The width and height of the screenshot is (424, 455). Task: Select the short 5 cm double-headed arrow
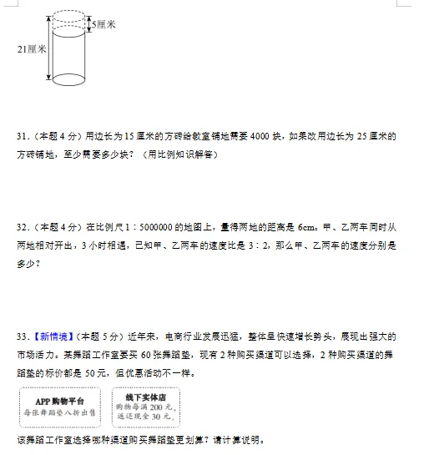[x=88, y=24]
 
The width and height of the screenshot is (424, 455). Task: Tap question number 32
[x=23, y=227]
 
